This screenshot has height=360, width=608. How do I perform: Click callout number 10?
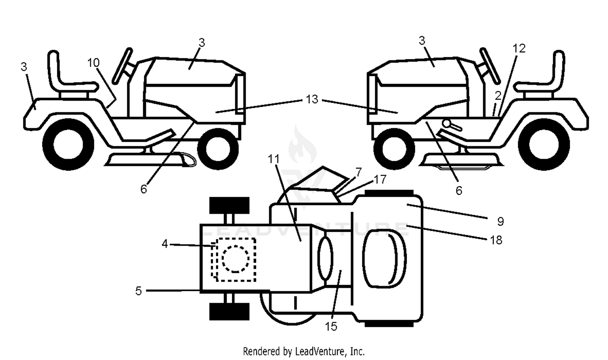tap(94, 63)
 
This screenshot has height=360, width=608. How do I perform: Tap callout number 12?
tap(519, 48)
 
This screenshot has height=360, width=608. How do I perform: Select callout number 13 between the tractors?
tap(312, 99)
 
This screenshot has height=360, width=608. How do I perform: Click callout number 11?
tap(273, 159)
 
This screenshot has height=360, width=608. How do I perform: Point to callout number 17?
tap(380, 180)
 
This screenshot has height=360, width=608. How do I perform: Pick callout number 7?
tap(359, 172)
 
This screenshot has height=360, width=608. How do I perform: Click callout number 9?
tap(501, 221)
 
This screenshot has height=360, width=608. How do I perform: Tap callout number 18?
tap(496, 240)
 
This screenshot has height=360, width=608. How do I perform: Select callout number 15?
tap(331, 327)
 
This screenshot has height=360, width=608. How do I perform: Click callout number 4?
tap(165, 244)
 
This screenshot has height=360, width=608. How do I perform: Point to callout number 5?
tap(139, 291)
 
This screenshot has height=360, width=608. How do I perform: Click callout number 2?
tap(498, 96)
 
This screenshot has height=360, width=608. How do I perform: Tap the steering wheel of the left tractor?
tap(122, 66)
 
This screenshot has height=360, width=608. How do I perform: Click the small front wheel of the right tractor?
tap(394, 149)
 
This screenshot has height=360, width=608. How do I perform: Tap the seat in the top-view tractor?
tap(384, 258)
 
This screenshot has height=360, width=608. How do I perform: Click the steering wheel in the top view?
tap(325, 258)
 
